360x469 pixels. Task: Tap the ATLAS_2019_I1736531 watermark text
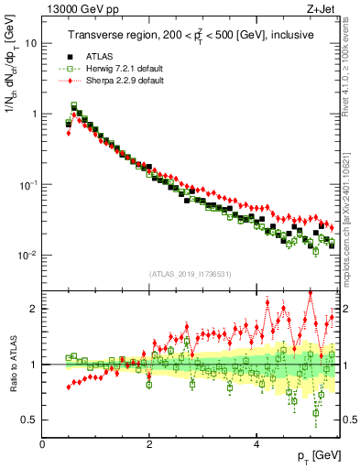click(190, 273)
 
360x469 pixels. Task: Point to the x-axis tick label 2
click(149, 444)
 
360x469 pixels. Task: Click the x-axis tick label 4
click(256, 444)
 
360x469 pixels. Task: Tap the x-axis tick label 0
click(43, 444)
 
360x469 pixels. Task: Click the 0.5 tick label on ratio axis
click(28, 420)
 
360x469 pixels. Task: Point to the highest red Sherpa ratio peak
click(311, 292)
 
